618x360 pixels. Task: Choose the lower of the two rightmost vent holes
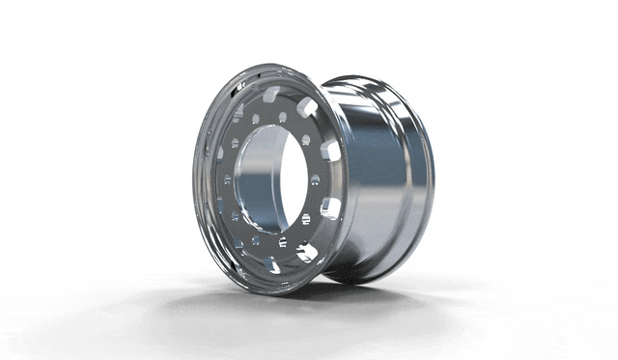tap(329, 208)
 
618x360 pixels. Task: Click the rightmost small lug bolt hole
tap(316, 180)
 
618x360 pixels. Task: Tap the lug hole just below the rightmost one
tap(306, 219)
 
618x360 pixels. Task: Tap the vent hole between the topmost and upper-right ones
tap(307, 106)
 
